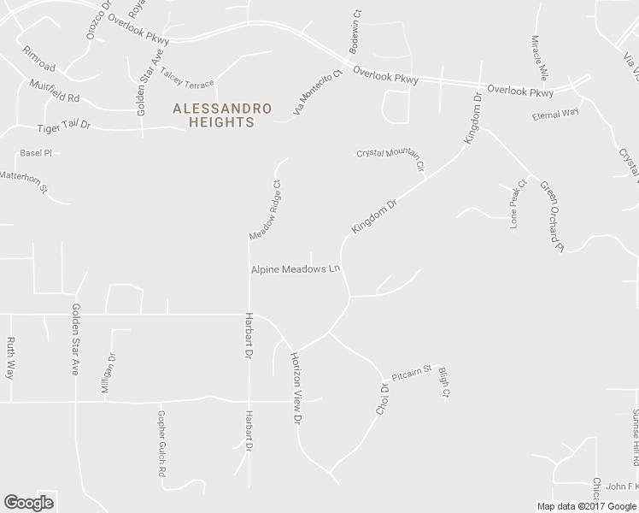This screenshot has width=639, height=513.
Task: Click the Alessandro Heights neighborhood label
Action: (222, 115)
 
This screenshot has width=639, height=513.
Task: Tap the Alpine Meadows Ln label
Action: (296, 268)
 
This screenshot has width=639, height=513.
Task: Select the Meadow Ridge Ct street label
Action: (265, 210)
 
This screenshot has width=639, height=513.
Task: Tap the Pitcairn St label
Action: (413, 374)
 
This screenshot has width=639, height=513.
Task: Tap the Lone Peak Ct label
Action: (515, 208)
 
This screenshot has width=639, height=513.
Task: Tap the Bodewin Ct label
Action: (353, 33)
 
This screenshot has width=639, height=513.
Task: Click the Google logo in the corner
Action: (28, 503)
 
